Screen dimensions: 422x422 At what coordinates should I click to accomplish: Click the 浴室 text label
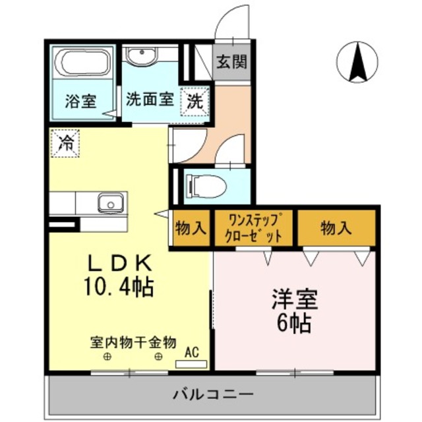[x=80, y=102]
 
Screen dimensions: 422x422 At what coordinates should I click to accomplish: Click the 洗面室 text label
[x=150, y=100]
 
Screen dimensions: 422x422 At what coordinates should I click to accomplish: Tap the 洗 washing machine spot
[x=195, y=102]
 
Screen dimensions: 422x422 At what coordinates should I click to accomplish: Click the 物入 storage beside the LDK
[x=191, y=229]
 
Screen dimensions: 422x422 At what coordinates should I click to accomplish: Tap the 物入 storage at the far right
[x=336, y=229]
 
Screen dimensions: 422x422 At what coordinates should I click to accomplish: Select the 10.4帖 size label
[x=119, y=287]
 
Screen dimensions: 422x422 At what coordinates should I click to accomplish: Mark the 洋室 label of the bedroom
[x=294, y=299]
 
